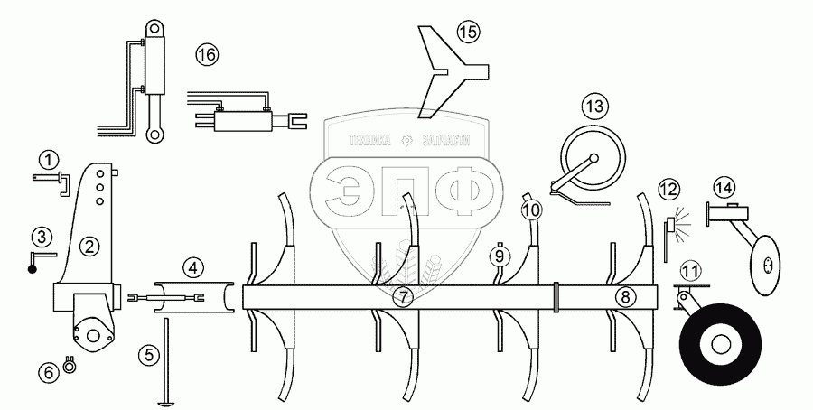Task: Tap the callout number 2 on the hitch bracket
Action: pyautogui.click(x=89, y=244)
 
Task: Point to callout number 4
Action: pyautogui.click(x=192, y=267)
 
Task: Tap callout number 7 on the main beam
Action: pyautogui.click(x=404, y=296)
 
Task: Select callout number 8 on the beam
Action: pyautogui.click(x=622, y=296)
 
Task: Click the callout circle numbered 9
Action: pyautogui.click(x=497, y=256)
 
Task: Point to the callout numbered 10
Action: pyautogui.click(x=532, y=210)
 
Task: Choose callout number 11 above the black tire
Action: pyautogui.click(x=690, y=270)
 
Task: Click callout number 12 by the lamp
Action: pyautogui.click(x=668, y=190)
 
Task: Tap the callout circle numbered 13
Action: pyautogui.click(x=593, y=106)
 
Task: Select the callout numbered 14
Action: pyautogui.click(x=723, y=188)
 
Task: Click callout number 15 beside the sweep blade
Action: pyautogui.click(x=466, y=33)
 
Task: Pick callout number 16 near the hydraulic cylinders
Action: pyautogui.click(x=207, y=55)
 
